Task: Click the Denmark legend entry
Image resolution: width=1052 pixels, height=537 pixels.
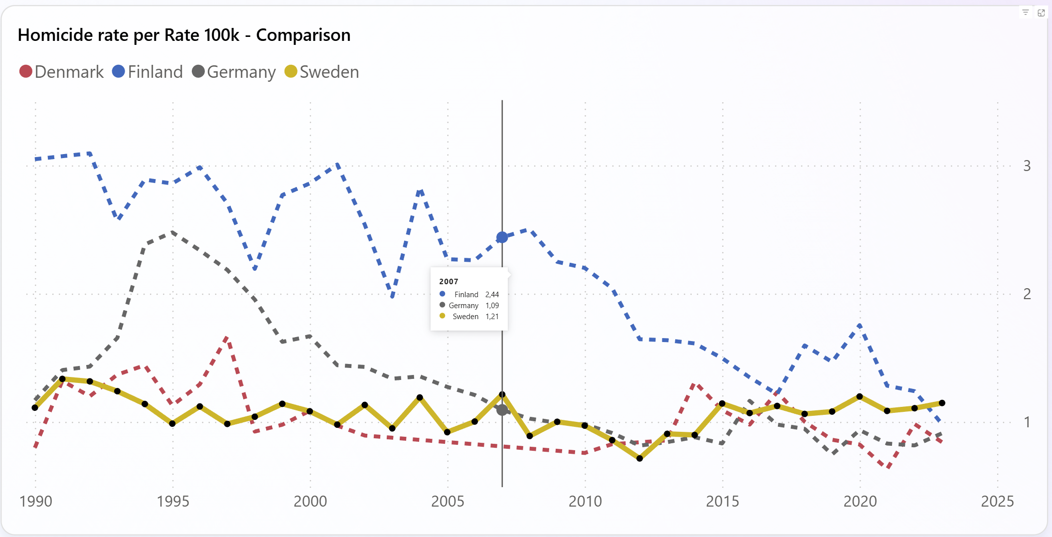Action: click(x=61, y=72)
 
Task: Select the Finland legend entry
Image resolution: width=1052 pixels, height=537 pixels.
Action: click(x=148, y=72)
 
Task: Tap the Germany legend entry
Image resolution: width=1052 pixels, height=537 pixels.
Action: click(x=234, y=72)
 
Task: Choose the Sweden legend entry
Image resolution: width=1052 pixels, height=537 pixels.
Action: click(x=322, y=72)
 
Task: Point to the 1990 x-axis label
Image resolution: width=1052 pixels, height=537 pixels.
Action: click(x=35, y=501)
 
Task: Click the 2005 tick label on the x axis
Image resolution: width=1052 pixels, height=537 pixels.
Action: click(x=448, y=501)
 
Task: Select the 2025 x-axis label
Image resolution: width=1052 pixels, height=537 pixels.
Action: click(x=997, y=501)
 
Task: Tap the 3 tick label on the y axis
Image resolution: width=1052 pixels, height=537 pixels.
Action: click(x=1027, y=166)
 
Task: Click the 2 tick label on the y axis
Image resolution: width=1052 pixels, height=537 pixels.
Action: click(x=1027, y=294)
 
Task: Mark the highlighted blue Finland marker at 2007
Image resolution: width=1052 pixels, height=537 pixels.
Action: click(x=502, y=237)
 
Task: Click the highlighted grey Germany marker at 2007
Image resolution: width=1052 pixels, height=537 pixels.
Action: click(x=502, y=410)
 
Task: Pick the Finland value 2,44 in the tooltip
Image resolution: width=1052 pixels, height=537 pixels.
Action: click(x=492, y=295)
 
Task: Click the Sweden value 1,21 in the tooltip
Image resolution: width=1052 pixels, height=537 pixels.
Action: click(x=492, y=317)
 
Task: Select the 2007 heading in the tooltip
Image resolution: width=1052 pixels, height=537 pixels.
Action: click(x=449, y=282)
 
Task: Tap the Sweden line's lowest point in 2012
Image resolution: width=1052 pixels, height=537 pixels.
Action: click(x=640, y=458)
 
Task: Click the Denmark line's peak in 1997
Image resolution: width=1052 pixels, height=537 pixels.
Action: click(x=227, y=338)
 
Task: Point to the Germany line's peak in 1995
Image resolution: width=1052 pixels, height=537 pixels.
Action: click(x=172, y=232)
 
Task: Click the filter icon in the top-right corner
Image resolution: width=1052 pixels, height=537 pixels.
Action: click(x=1026, y=12)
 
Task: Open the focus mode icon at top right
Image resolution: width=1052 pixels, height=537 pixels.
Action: click(x=1041, y=12)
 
